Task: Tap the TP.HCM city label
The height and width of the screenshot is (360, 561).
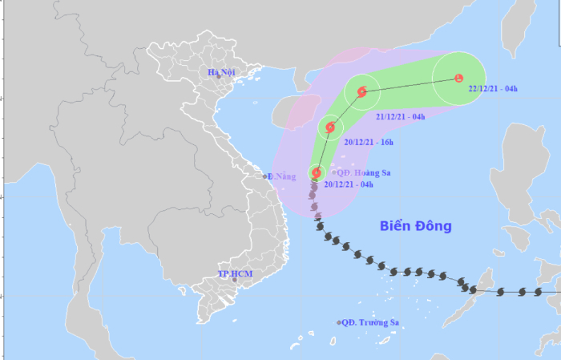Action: point(234,274)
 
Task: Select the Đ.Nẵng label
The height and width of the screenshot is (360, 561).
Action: point(282,176)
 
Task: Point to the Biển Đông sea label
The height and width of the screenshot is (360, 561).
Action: point(415,226)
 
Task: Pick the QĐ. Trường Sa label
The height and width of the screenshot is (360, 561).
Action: point(369,323)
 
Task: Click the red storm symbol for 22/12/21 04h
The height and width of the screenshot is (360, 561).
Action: point(458,78)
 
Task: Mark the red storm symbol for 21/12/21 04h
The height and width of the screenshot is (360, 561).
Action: point(362,92)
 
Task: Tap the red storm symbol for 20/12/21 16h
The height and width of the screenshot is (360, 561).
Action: point(329,127)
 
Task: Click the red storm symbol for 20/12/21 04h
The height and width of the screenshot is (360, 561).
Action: point(317,172)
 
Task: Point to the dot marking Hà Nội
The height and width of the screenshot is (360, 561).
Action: point(218,77)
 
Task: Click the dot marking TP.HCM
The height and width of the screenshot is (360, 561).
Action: point(234,280)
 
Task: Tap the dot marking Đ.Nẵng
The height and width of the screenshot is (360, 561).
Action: point(265,176)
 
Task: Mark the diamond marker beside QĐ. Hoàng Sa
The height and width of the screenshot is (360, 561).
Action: point(334,172)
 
